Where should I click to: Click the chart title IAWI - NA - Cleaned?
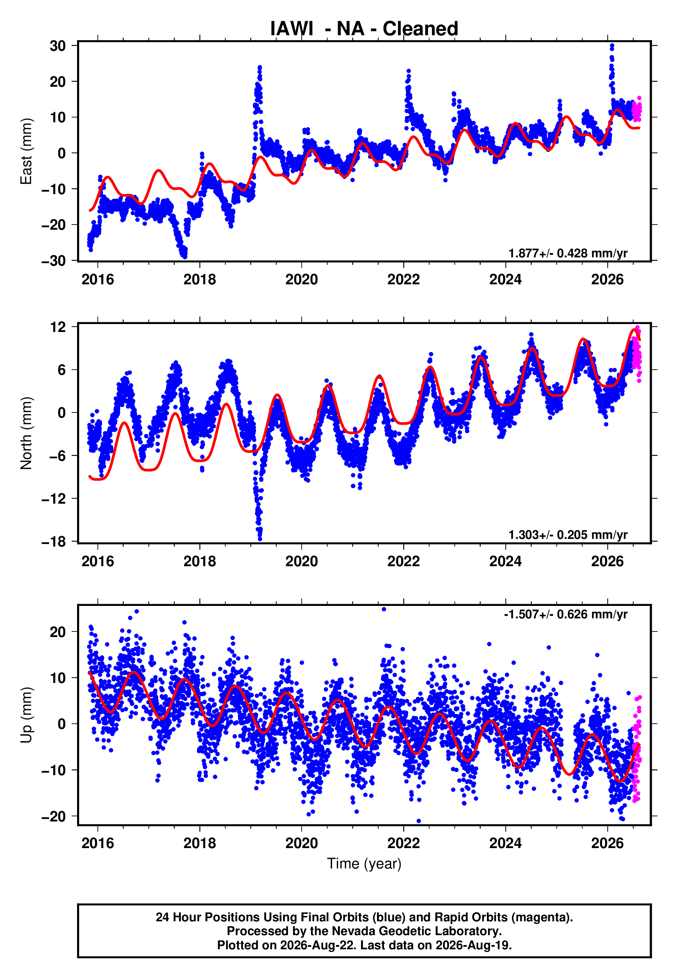[x=364, y=29]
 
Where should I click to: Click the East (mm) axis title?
[x=26, y=151]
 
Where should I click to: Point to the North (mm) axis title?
[x=26, y=433]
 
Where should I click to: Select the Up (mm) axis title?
[x=26, y=715]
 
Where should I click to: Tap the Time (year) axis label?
[x=364, y=864]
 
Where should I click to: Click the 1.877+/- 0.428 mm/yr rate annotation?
[x=568, y=254]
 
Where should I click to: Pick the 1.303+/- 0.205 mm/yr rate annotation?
[x=568, y=535]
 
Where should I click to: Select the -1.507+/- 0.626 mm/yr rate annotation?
[x=566, y=614]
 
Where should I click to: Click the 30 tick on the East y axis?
[x=58, y=46]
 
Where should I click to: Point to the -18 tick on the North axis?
[x=54, y=542]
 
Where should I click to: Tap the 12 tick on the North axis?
[x=58, y=327]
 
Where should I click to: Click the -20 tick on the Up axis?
[x=54, y=816]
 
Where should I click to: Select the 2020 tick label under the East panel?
[x=302, y=279]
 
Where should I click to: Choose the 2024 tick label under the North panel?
[x=506, y=561]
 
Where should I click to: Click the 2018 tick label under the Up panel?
[x=200, y=843]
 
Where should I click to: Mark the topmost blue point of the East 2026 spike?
[x=612, y=45]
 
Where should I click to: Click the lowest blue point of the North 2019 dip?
[x=260, y=539]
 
